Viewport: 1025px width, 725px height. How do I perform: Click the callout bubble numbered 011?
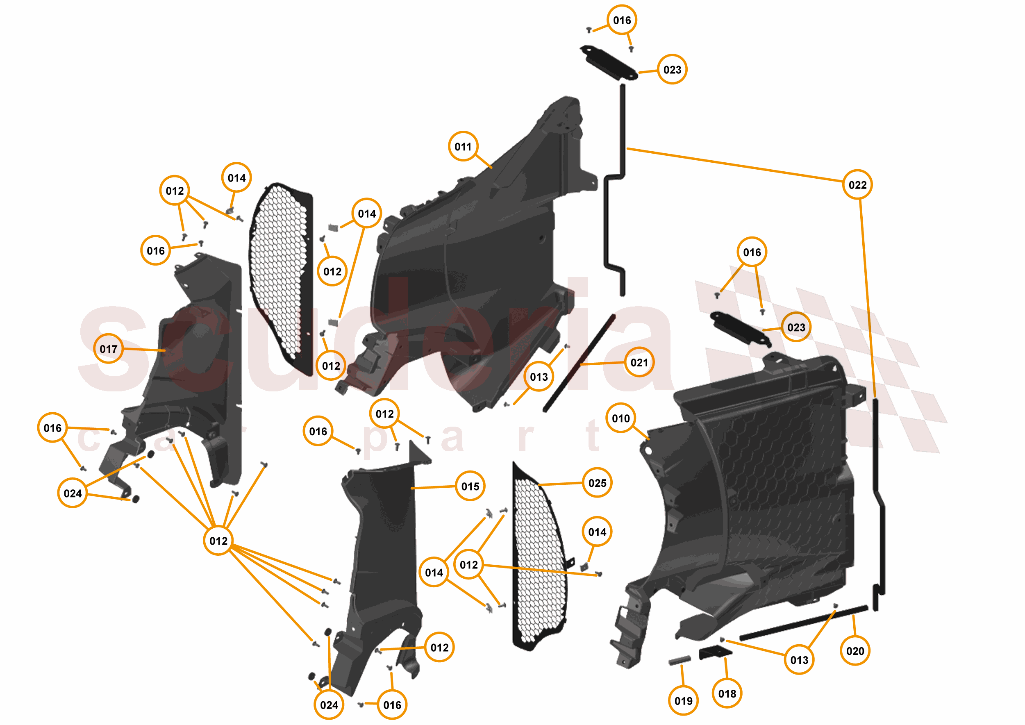(463, 146)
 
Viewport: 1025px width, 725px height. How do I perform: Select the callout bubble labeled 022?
(857, 185)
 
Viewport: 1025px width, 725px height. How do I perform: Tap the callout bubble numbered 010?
(620, 418)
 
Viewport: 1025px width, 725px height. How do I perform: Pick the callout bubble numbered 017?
(109, 349)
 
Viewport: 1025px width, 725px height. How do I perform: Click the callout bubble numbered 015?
(470, 486)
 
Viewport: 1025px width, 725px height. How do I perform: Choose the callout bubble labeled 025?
(597, 483)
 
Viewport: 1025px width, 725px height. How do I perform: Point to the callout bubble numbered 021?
(639, 362)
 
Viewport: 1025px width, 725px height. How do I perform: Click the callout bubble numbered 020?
(855, 651)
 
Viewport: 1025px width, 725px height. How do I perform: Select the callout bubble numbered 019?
(684, 701)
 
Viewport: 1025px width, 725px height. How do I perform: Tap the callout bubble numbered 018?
(727, 693)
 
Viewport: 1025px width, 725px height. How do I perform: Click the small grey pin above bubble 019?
(680, 660)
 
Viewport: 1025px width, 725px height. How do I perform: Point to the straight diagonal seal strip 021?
(579, 364)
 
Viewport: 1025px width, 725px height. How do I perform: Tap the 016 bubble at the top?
(622, 20)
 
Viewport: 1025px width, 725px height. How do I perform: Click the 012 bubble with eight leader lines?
(218, 541)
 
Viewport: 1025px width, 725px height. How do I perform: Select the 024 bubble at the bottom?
(329, 705)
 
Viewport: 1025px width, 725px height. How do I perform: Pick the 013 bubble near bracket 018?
(799, 660)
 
